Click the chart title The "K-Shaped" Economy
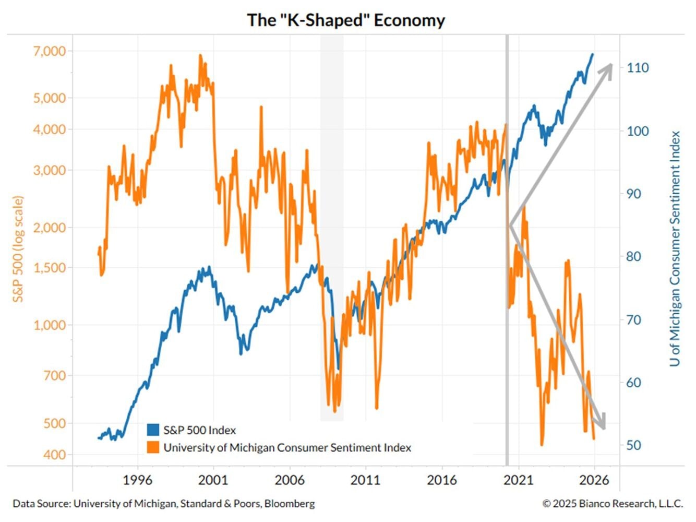(x=346, y=20)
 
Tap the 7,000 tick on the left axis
(x=50, y=51)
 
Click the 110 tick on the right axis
(x=638, y=68)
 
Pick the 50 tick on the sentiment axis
(x=633, y=445)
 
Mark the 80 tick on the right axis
(x=633, y=257)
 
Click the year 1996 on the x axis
(x=137, y=480)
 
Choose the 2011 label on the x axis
(x=365, y=480)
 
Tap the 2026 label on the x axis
(x=594, y=480)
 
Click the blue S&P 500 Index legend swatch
(x=153, y=430)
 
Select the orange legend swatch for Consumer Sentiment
(x=153, y=447)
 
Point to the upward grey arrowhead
(x=606, y=68)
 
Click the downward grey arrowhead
(x=601, y=423)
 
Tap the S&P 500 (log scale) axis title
(x=19, y=249)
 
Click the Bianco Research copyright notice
(x=613, y=504)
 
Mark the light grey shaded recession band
(x=332, y=157)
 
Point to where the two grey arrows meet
(x=510, y=226)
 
